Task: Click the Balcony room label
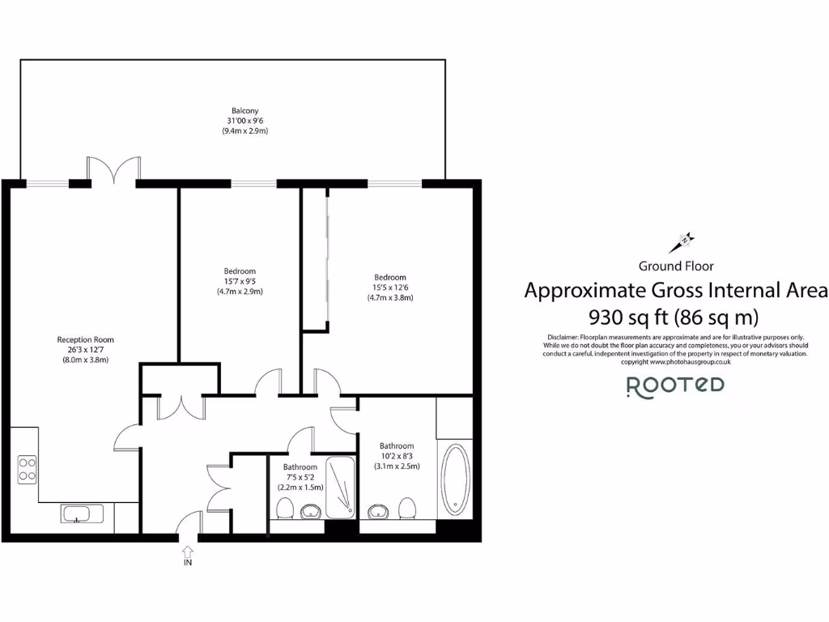coord(245,110)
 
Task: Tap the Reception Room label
coord(85,339)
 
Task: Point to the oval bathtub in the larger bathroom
coord(456,479)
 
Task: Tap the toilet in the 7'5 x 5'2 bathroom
coord(284,509)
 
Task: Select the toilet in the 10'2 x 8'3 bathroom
coord(408,508)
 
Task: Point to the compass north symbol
coord(683,241)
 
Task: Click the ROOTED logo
coord(675,386)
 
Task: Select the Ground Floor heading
coord(676,266)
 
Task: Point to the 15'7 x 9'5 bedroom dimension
coord(240,281)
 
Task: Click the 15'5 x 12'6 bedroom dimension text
coord(390,287)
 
